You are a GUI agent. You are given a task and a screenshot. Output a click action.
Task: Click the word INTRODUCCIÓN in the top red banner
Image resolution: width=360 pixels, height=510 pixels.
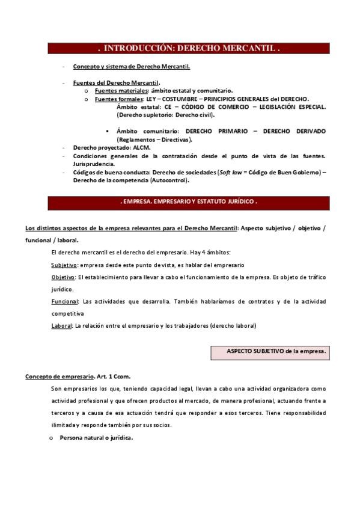tap(136, 48)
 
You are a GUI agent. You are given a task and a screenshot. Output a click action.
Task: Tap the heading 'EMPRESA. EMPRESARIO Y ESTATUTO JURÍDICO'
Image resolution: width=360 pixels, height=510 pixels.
tap(189, 202)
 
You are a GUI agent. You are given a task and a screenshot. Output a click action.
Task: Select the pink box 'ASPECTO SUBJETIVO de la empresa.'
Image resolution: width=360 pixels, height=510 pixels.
tap(276, 351)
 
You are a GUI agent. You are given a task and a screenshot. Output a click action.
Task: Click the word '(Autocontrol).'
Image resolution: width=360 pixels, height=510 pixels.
tap(169, 180)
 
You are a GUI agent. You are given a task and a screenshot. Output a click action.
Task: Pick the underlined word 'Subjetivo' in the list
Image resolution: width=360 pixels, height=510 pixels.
tap(64, 265)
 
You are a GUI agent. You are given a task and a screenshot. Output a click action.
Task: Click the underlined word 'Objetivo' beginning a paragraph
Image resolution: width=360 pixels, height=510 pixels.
tap(63, 277)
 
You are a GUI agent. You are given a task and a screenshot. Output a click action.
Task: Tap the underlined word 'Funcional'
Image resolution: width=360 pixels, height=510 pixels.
tap(65, 302)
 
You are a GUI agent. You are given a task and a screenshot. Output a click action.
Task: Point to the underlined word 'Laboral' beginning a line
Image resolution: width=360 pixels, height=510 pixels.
tap(62, 326)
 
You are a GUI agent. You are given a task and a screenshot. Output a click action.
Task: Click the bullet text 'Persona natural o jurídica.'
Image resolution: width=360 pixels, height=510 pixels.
tap(96, 438)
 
